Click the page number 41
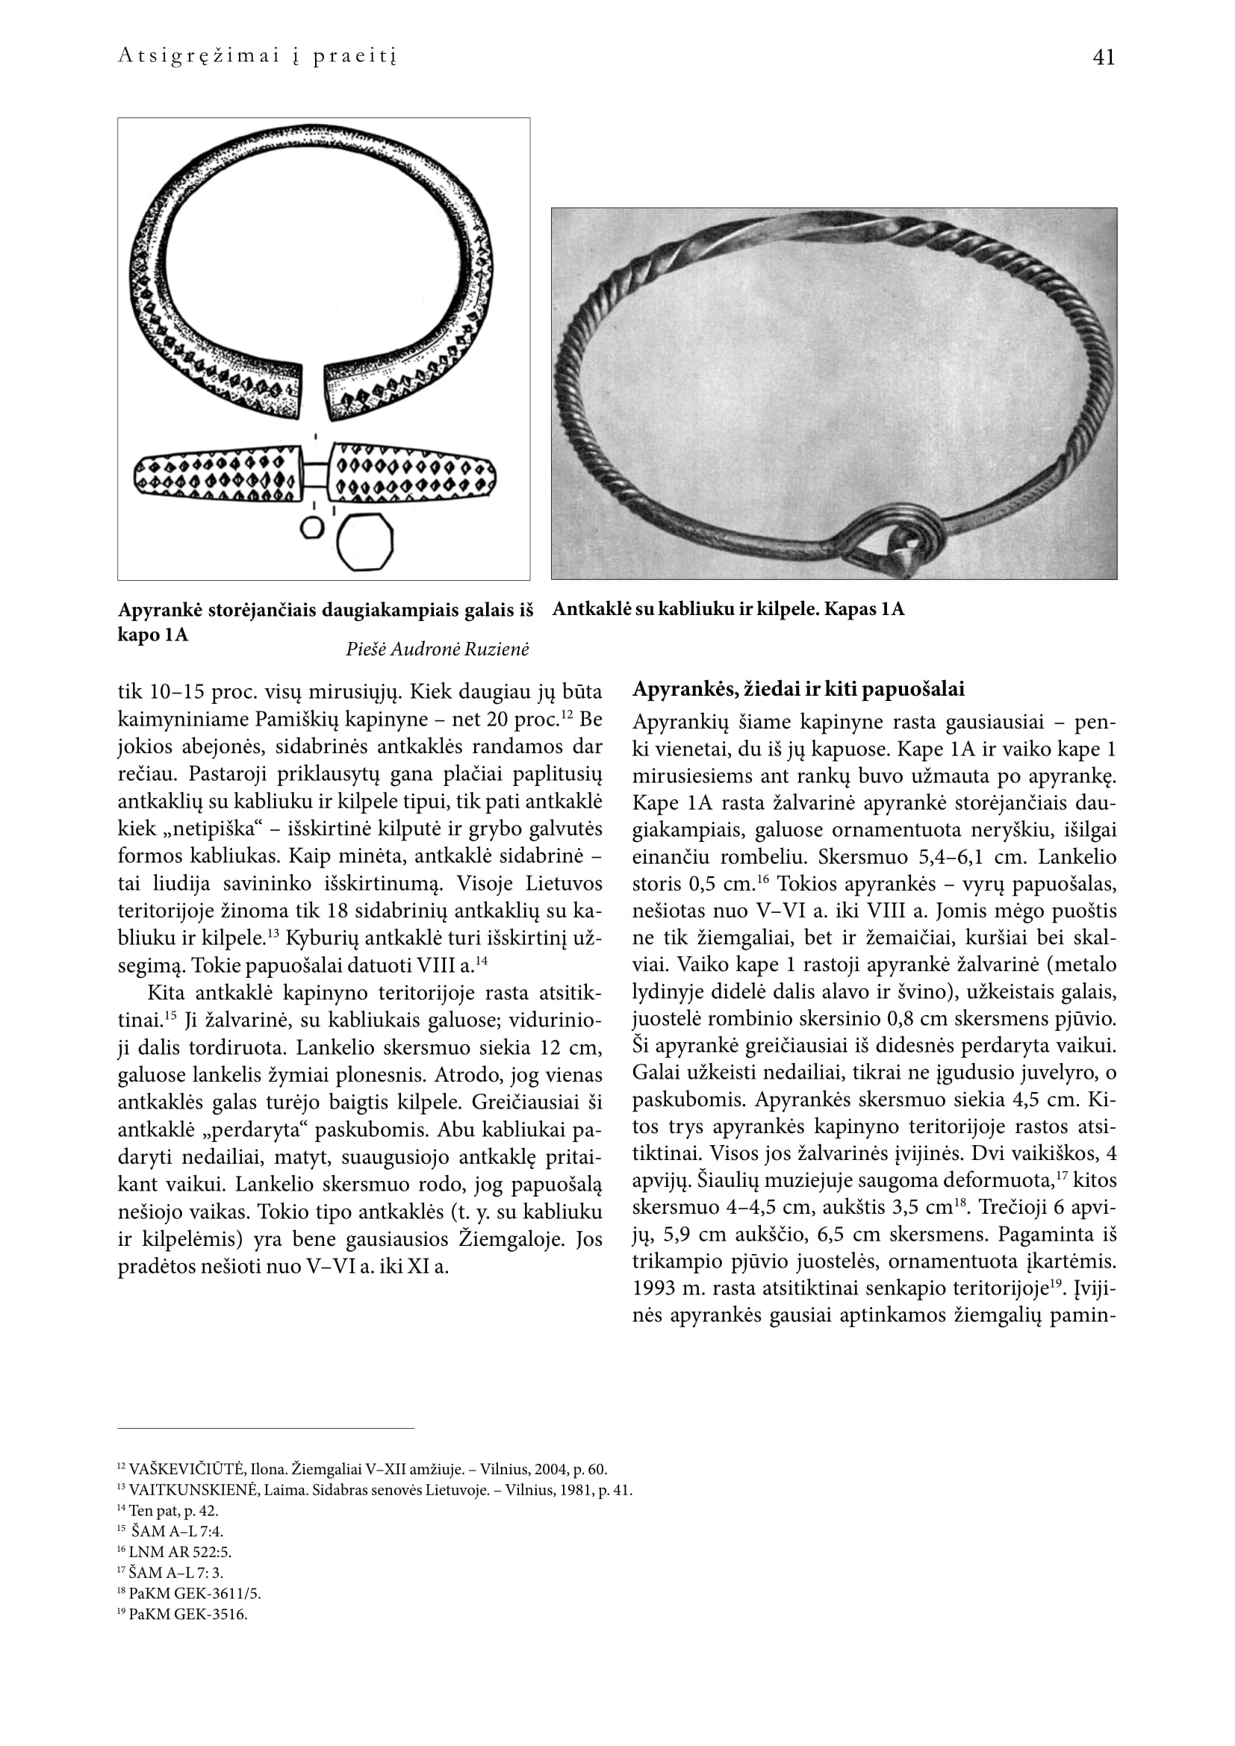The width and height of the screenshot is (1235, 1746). point(1103,57)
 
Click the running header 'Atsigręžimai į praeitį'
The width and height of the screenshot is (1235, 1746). point(258,57)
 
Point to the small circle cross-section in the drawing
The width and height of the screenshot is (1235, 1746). point(313,528)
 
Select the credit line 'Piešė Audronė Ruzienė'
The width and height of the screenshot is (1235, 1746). point(437,649)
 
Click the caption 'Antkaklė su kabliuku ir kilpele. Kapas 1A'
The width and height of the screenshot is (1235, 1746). point(728,609)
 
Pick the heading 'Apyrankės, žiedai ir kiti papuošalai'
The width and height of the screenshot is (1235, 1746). point(798,690)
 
